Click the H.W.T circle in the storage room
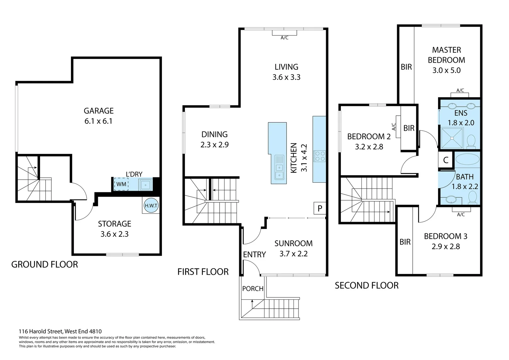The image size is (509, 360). tap(151, 206)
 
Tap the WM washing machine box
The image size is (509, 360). tap(121, 184)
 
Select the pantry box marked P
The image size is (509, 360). tap(320, 208)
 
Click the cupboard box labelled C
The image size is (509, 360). tap(446, 160)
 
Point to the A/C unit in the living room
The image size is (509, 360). tap(284, 33)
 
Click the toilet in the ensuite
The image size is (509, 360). tap(471, 141)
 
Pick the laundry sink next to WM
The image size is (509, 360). tap(146, 184)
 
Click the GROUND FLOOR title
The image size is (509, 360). tap(45, 264)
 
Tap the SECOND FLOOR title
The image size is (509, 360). tap(366, 285)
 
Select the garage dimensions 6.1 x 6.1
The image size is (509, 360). tap(99, 121)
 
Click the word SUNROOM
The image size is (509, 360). tap(293, 243)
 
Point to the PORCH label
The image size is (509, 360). tap(253, 289)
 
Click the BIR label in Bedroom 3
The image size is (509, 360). tap(405, 242)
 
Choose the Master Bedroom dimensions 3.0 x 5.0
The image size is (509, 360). tap(446, 70)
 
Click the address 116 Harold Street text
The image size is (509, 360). tap(60, 331)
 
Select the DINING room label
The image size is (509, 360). tap(215, 134)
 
